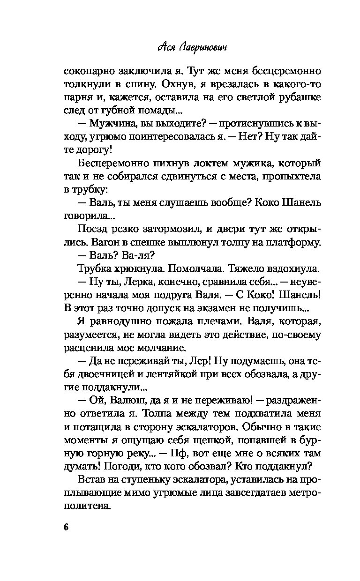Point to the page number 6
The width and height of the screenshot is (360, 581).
pos(66,526)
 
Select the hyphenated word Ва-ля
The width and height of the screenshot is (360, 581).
pos(140,255)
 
